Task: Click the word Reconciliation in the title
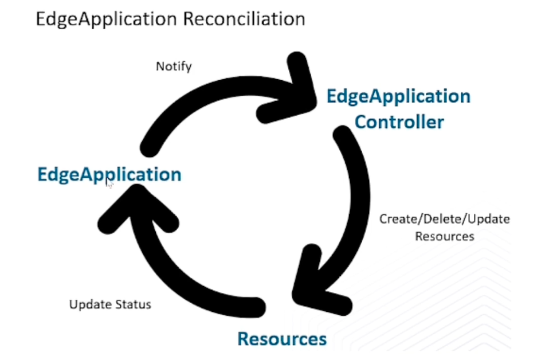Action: pyautogui.click(x=245, y=18)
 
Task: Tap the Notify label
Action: pyautogui.click(x=174, y=66)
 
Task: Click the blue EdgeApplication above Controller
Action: pyautogui.click(x=398, y=96)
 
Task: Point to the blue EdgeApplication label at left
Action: pyautogui.click(x=109, y=174)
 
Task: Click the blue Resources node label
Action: pyautogui.click(x=282, y=338)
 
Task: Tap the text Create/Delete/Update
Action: pyautogui.click(x=445, y=219)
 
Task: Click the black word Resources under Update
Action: pyautogui.click(x=445, y=236)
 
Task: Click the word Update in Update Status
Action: pyautogui.click(x=89, y=304)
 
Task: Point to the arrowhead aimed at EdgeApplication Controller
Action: pyautogui.click(x=295, y=92)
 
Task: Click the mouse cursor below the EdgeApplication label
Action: pyautogui.click(x=109, y=185)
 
